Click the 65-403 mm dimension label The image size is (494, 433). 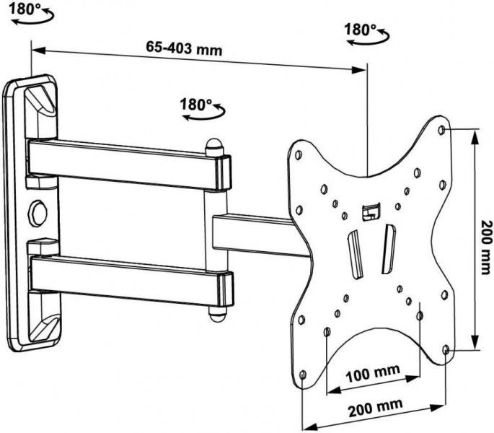[x=184, y=48]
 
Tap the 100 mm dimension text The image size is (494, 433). [x=373, y=373]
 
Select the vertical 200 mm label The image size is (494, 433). [x=485, y=247]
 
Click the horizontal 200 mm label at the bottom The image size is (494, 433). [x=375, y=408]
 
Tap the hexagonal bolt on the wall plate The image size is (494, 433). [x=38, y=212]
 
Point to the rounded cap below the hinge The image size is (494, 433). [x=217, y=314]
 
